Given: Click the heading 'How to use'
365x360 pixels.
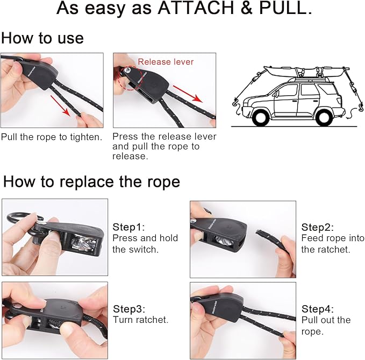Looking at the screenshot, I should coord(42,38).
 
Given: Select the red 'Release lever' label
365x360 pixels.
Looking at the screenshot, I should coord(166,62).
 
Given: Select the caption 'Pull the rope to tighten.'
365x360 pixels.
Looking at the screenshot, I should coord(52,137).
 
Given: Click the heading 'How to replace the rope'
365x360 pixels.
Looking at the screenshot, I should coord(91,181).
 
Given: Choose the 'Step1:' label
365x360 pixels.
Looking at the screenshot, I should coord(128,227).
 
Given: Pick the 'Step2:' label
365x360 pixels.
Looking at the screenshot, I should coord(318,227).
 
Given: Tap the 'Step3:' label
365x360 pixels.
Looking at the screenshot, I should coord(129,309).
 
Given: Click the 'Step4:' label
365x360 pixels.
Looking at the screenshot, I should coord(318,309).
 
